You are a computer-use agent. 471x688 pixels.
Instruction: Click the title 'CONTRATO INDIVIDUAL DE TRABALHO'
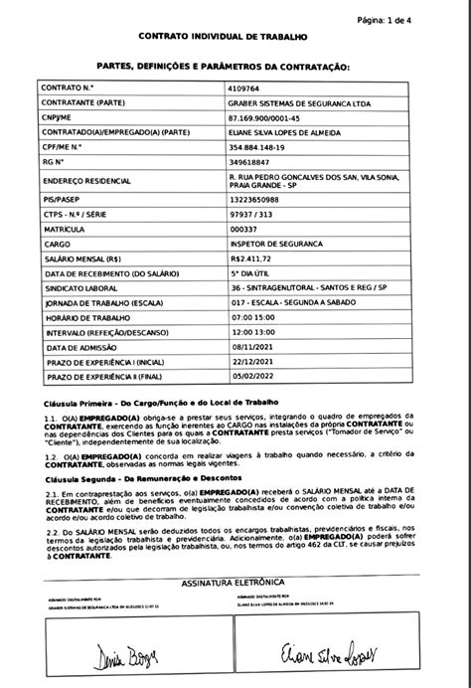236,38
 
